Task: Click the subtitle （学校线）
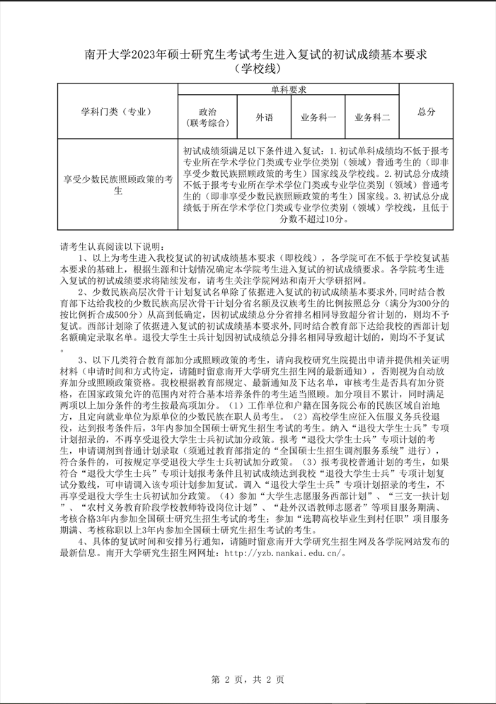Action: click(x=247, y=69)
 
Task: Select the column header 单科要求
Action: click(x=288, y=90)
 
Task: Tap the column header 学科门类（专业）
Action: click(x=117, y=112)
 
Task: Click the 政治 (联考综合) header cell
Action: click(x=208, y=117)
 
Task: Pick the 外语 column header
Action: click(x=264, y=117)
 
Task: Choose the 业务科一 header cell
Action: click(x=318, y=117)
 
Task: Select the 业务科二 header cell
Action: click(x=372, y=117)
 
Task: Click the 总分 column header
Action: click(x=426, y=112)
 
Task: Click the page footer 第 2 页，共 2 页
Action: click(x=248, y=680)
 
